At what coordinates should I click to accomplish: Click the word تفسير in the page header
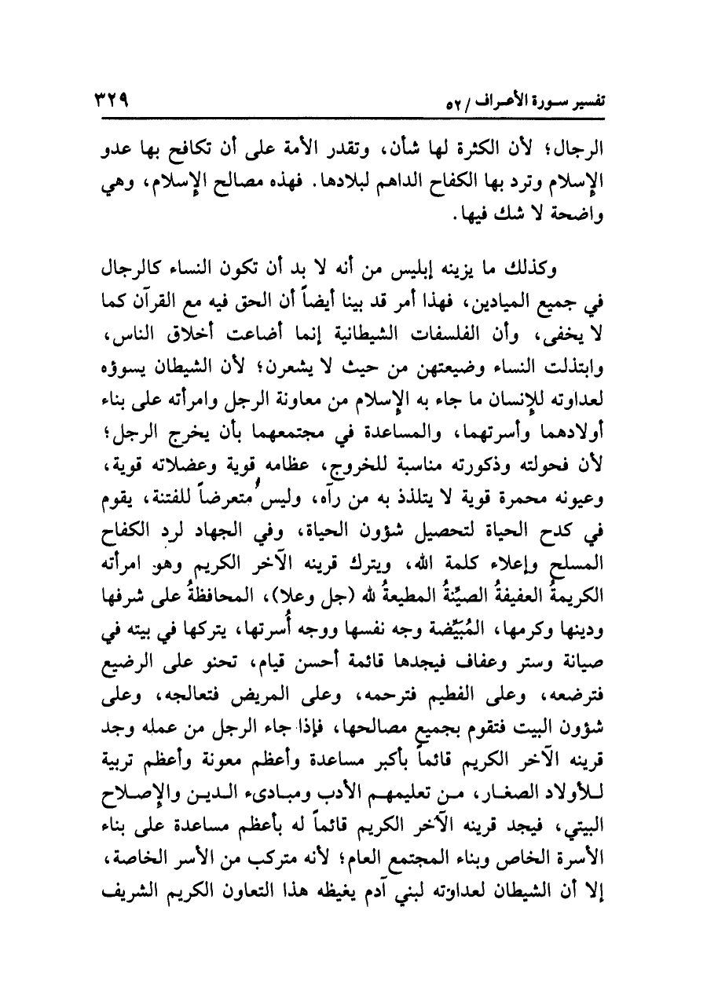point(586,103)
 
